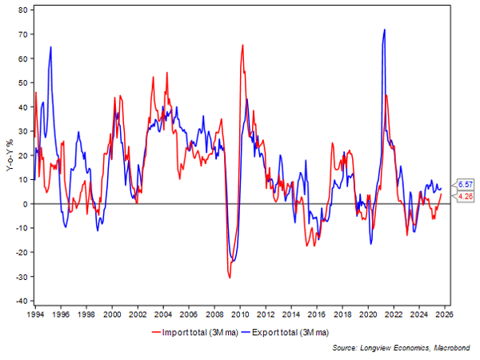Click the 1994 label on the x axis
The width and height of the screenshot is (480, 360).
coord(35,315)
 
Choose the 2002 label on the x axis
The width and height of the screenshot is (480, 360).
coord(138,315)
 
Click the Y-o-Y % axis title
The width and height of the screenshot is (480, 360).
coord(7,155)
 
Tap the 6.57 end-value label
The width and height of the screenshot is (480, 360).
coord(464,183)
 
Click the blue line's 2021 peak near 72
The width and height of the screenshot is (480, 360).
coord(385,30)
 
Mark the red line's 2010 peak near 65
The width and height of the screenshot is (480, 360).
coord(242,46)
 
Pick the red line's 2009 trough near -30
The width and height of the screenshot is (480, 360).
coord(230,277)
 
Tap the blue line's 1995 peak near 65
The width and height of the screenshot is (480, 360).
coord(51,46)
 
